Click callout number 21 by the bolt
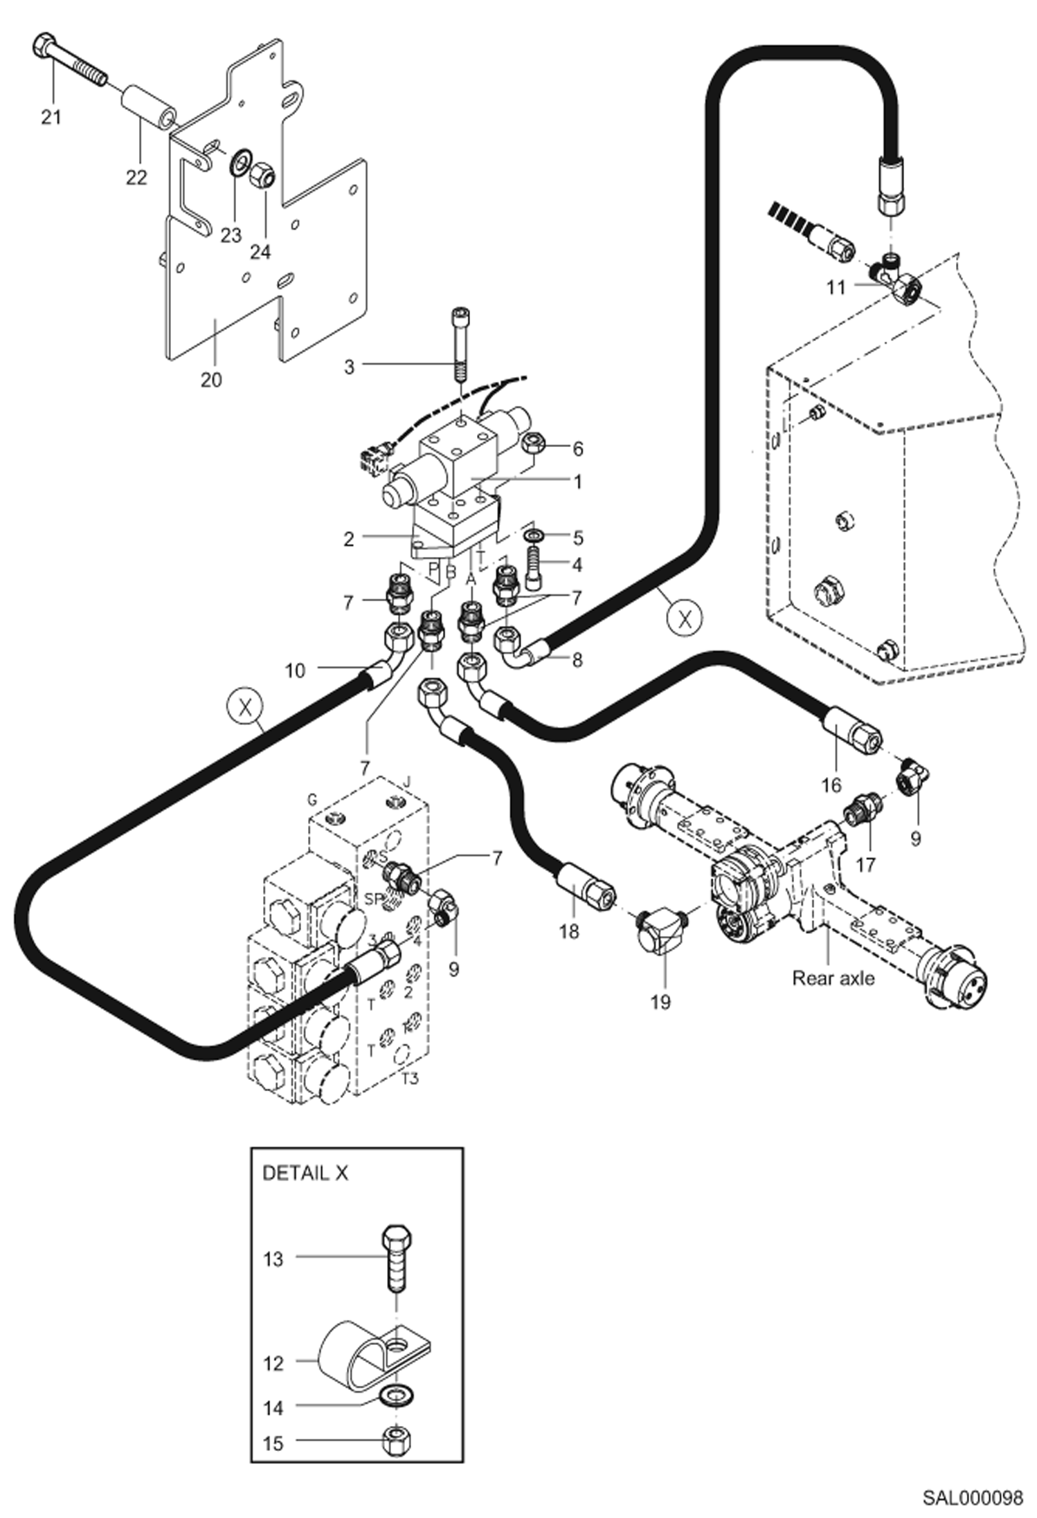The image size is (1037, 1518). tap(51, 117)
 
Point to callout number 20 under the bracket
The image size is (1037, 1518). tap(211, 380)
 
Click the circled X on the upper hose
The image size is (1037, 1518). tap(685, 618)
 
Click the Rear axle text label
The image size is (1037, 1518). tap(833, 978)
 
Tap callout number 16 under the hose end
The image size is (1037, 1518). tap(831, 785)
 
